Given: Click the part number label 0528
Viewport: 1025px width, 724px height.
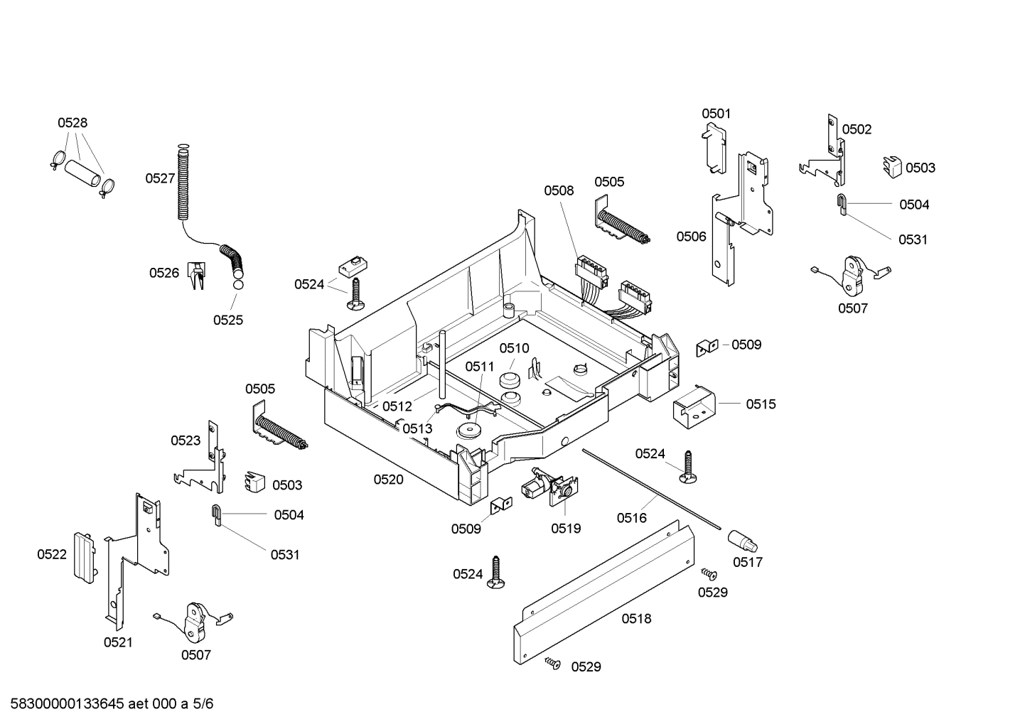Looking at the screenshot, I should pos(73,123).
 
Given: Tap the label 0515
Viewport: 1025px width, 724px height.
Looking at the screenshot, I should pos(761,404).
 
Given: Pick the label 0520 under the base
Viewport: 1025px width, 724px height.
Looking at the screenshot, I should pos(389,480).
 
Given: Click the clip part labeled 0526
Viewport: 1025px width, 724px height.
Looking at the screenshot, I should pos(196,276).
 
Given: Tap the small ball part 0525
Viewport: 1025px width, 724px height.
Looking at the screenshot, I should pos(237,285).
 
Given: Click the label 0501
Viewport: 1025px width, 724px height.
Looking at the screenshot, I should pos(716,114).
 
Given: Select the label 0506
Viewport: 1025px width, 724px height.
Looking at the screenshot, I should pos(691,237).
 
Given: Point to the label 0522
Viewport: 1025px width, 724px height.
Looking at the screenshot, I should pos(52,554).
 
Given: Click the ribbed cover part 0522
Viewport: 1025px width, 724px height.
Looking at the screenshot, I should pos(83,556).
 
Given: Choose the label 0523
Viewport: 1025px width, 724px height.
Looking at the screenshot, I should pos(186,441).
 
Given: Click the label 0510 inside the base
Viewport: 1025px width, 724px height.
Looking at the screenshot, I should pos(514,348).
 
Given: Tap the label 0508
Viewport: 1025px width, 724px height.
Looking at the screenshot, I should pos(559,190).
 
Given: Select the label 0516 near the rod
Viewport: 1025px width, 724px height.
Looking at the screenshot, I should pos(631,518).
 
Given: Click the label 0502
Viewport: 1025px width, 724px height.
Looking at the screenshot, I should pos(857,129).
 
